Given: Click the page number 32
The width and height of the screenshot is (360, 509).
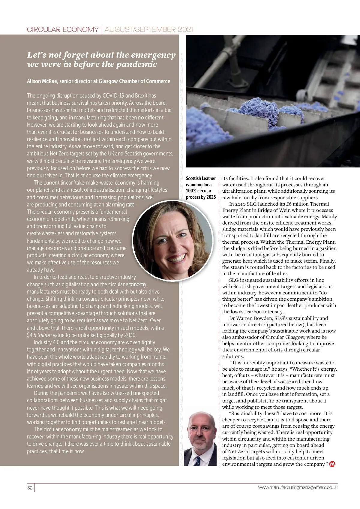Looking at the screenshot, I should click(x=30, y=488).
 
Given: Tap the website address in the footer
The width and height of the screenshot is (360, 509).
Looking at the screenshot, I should click(x=298, y=487).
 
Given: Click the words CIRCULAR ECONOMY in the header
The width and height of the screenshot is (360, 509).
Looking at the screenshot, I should click(x=63, y=29).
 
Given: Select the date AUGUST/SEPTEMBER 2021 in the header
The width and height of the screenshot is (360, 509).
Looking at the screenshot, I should click(x=149, y=29).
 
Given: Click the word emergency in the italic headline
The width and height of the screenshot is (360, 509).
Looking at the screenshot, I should click(x=153, y=55).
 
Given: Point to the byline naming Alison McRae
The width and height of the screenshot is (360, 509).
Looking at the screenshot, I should click(x=98, y=81).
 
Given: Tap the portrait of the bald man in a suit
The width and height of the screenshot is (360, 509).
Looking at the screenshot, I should click(x=200, y=438).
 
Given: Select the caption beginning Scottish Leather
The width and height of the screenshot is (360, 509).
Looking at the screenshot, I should click(x=201, y=188).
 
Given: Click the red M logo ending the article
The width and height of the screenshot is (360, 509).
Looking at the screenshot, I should click(x=332, y=464).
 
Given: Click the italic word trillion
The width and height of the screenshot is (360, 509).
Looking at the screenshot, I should click(x=44, y=335).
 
